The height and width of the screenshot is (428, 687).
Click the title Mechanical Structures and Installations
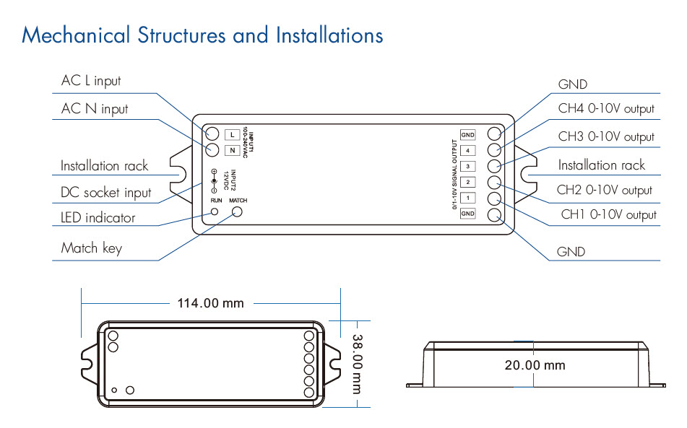point(202,35)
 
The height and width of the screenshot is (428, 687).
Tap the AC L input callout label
point(91,82)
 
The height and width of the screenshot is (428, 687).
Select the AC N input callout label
point(95,109)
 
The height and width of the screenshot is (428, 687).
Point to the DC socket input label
point(106,193)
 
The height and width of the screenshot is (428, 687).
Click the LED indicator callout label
point(98,217)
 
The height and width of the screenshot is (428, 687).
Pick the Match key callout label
point(92,248)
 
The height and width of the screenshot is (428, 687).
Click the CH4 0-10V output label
point(606,109)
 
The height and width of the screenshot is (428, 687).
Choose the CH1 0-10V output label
point(609,214)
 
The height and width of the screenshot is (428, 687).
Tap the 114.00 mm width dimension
point(211,303)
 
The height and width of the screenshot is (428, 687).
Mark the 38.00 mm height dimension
point(356,363)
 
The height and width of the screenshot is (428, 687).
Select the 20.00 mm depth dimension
point(535,365)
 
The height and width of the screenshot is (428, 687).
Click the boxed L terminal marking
point(232,134)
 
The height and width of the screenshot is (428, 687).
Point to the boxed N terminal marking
point(232,150)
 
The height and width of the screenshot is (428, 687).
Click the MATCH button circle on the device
point(237,212)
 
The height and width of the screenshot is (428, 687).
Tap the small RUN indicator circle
point(215,212)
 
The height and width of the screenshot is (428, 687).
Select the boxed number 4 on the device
point(468,150)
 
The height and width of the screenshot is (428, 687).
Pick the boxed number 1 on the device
point(468,198)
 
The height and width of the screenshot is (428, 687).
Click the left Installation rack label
point(104,166)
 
